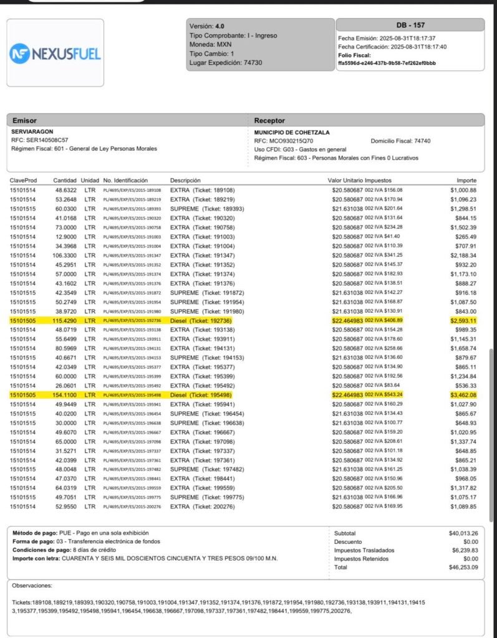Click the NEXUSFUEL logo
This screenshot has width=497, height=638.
pos(55,54)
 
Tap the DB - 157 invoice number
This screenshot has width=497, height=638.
pos(410,25)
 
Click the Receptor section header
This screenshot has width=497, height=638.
pos(269,120)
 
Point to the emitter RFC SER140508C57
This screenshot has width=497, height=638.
pos(40,140)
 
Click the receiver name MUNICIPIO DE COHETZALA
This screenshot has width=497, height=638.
pos(292,132)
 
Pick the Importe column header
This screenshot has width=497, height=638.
pos(466,180)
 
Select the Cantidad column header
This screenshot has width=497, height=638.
pos(65,180)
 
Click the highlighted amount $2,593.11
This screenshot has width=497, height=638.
pos(462,320)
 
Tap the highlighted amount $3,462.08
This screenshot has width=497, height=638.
pos(462,395)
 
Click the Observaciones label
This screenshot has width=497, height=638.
pos(32,586)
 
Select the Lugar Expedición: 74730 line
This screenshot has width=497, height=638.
pos(225,63)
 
